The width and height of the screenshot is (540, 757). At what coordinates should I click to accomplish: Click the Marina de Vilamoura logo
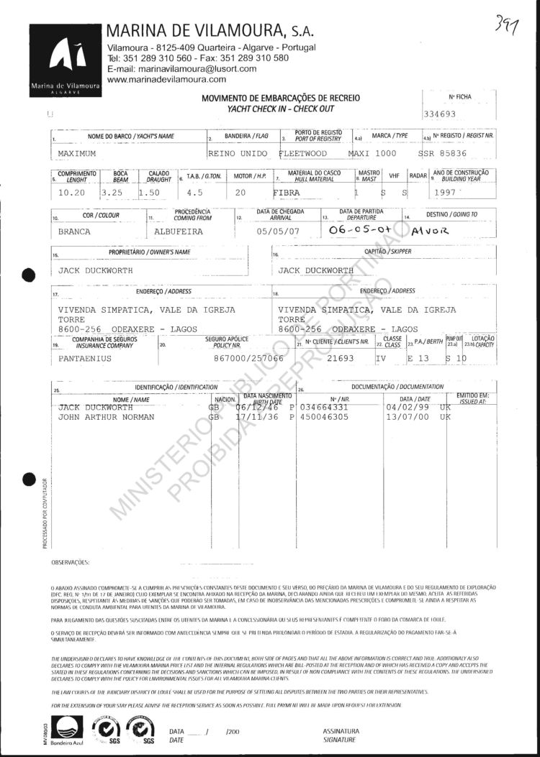[x=65, y=60]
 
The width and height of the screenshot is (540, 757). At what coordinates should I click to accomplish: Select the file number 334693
[x=444, y=114]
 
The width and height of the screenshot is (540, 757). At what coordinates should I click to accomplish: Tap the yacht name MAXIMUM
[x=77, y=153]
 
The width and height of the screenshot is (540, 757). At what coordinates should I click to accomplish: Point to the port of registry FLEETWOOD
[x=302, y=153]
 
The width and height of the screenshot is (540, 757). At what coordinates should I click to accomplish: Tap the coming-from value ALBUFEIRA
[x=179, y=231]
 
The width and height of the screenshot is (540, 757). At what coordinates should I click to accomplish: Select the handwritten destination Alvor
[x=430, y=231]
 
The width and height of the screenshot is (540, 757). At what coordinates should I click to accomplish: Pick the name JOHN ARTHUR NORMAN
[x=104, y=416]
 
